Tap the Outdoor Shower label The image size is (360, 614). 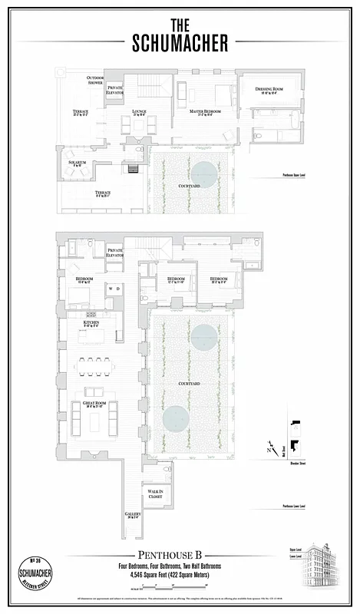(95, 80)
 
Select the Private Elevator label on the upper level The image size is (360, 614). (114, 90)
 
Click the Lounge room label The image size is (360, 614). (139, 112)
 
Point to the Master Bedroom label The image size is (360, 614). (206, 112)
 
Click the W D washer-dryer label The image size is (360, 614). (114, 289)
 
